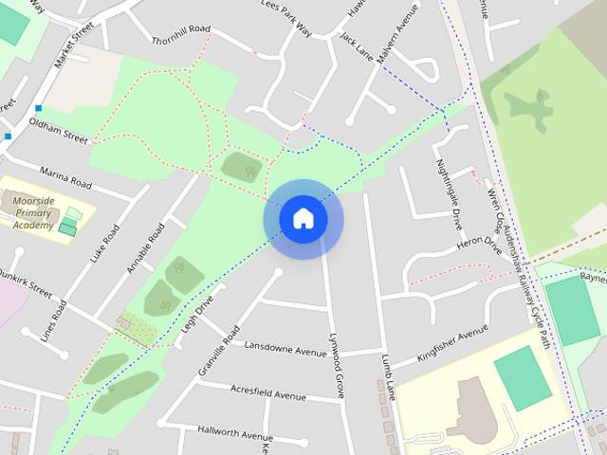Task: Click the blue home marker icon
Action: pyautogui.click(x=303, y=218)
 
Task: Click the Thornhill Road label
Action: pyautogui.click(x=180, y=36)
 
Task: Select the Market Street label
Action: pyautogui.click(x=77, y=43)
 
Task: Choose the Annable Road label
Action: pyautogui.click(x=145, y=248)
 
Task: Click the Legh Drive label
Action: pyautogui.click(x=197, y=312)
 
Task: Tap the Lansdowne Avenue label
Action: pyautogui.click(x=285, y=348)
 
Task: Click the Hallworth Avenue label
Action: pyautogui.click(x=235, y=432)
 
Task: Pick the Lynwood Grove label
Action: pyautogui.click(x=334, y=364)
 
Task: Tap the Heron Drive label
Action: pyautogui.click(x=478, y=245)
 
